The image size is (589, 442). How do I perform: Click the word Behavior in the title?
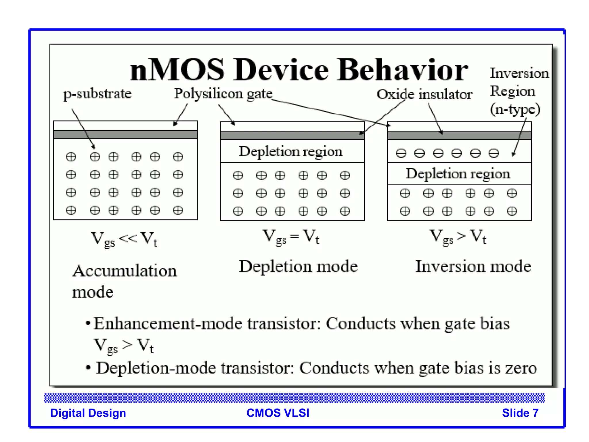point(403,70)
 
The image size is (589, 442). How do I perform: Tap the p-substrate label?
point(97,94)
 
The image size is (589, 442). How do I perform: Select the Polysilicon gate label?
point(223,94)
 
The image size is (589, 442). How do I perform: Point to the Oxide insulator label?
point(424,94)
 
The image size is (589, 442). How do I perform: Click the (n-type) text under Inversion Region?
point(515,109)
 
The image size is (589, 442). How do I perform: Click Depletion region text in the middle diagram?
point(291,152)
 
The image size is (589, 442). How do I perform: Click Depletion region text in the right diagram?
point(458,174)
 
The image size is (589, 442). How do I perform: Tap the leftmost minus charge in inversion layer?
point(401,153)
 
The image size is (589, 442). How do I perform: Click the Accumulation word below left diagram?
point(125,271)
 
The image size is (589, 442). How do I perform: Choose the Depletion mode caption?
point(298,266)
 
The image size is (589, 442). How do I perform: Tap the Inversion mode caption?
point(473,266)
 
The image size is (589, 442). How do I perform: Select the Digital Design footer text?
point(88,413)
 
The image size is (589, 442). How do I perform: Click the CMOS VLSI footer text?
point(278,413)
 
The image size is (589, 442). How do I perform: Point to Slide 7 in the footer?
point(520,413)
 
